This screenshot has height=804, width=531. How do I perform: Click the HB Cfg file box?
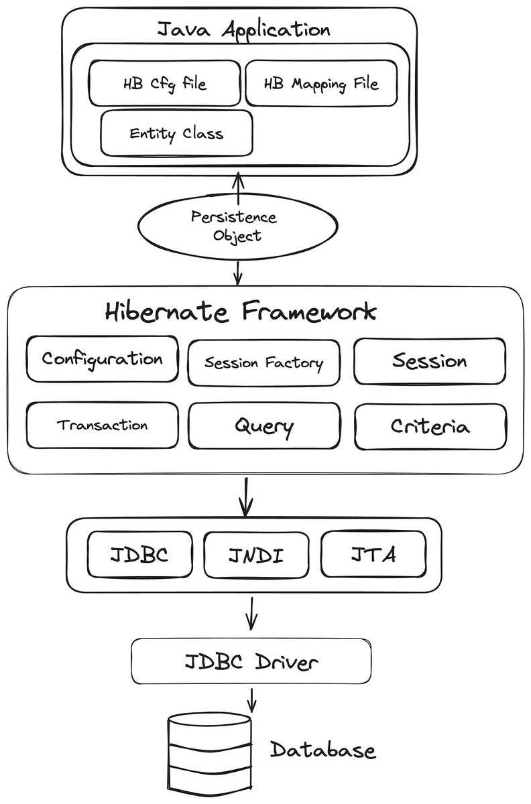[164, 83]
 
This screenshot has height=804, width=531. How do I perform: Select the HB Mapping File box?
[322, 83]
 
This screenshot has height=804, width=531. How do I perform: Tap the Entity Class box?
[176, 133]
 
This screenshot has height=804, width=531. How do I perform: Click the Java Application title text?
[243, 29]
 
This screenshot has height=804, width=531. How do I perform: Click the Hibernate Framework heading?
[240, 311]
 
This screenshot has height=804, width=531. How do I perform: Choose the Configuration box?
[103, 358]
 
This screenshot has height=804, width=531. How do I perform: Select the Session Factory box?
[263, 362]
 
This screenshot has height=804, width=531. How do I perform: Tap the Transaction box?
[103, 425]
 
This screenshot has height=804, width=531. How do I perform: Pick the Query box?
[264, 425]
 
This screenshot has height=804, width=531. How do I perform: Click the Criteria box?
[430, 426]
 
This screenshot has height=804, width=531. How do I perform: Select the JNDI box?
[256, 555]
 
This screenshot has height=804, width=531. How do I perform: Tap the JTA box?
[373, 554]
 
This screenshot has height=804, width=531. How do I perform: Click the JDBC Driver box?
[251, 661]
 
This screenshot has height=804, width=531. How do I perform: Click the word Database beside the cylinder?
[323, 750]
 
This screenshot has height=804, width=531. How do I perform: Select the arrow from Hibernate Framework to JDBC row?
[246, 496]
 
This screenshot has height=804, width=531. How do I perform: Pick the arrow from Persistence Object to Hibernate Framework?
[238, 273]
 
